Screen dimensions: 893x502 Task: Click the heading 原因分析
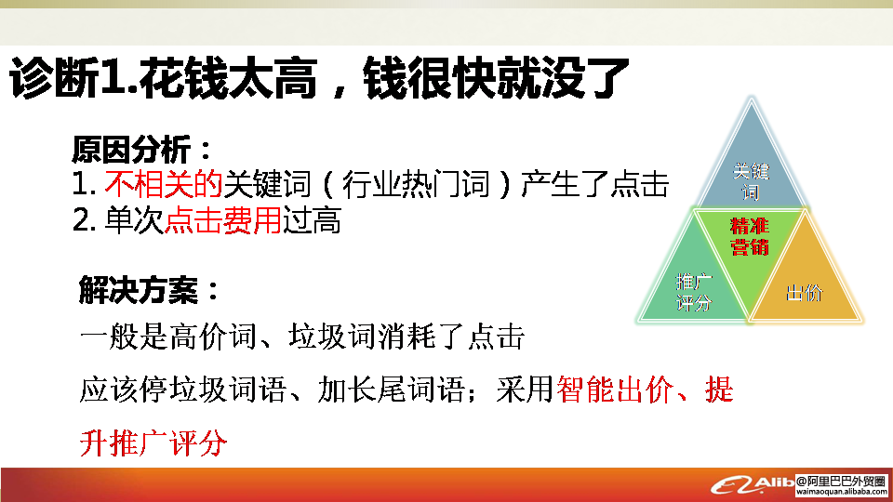pos(131,150)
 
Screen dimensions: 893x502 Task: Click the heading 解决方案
pos(138,290)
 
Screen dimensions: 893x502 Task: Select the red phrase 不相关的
pos(164,184)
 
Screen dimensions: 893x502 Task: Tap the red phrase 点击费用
pos(222,220)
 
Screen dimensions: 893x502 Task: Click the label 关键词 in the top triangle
pos(751,181)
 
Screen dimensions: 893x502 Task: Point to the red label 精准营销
pos(750,237)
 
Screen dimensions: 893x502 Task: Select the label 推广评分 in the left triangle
pos(694,293)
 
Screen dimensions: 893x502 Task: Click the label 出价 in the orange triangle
pos(805,293)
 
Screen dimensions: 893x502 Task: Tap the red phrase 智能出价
pos(615,390)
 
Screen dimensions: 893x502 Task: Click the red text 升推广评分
pos(153,443)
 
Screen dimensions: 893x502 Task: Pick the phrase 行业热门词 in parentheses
pos(416,184)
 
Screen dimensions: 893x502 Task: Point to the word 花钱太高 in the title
pos(228,78)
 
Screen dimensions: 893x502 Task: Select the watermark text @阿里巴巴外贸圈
pos(841,482)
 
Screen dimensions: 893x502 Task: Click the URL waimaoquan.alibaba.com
pos(842,492)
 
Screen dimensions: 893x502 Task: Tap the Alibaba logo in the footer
pos(752,485)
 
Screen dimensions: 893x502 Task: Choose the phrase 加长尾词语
pos(391,390)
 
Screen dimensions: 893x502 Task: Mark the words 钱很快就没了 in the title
pos(496,78)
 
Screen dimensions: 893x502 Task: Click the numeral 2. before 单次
pos(84,220)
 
